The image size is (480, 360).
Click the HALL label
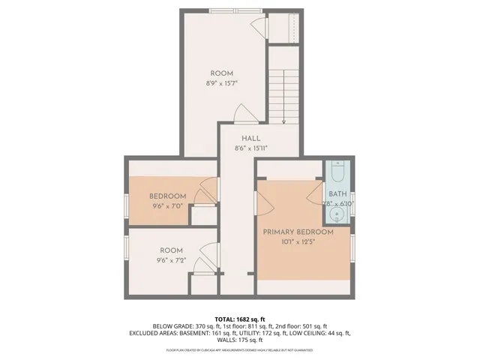pos(250,139)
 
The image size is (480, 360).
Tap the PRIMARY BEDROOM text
pos(298,232)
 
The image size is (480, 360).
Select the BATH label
pos(337,193)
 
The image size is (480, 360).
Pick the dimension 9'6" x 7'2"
pos(171,260)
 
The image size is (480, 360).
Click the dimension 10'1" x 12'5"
pos(298,241)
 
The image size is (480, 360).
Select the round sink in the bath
pos(337,217)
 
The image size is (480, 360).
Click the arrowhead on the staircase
pos(284,121)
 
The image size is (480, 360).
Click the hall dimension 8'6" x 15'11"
pos(250,148)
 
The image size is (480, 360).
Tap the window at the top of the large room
pos(232,10)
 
